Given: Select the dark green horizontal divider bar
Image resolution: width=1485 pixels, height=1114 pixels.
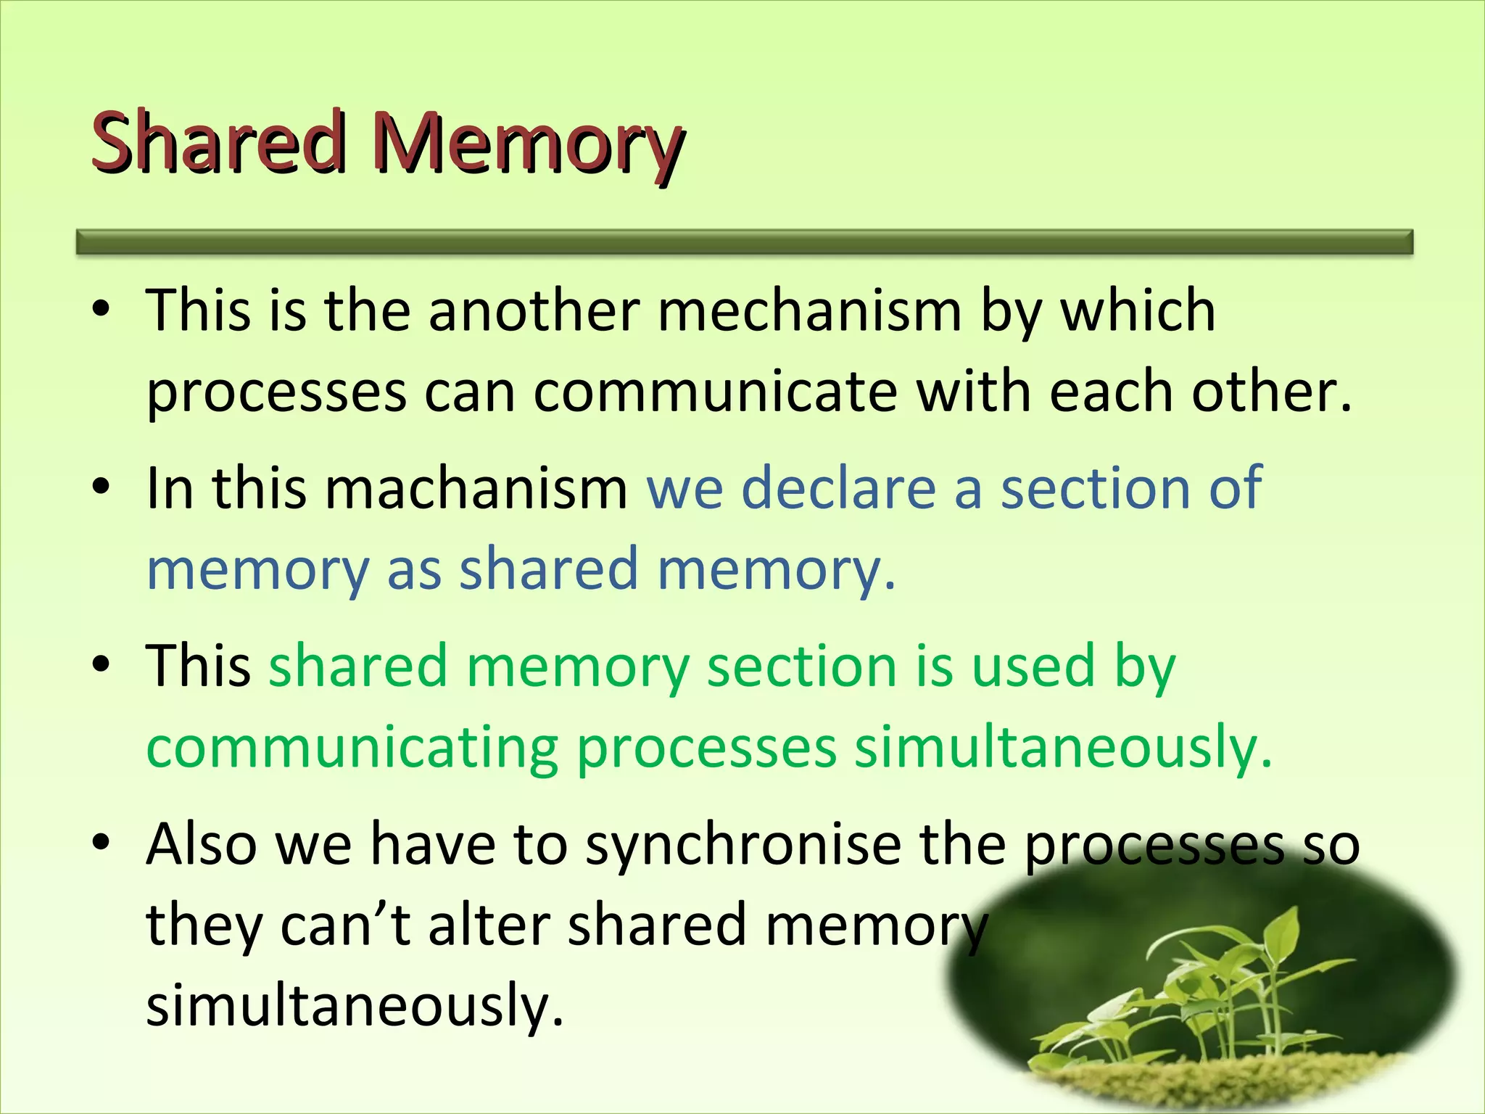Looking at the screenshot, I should coord(745,242).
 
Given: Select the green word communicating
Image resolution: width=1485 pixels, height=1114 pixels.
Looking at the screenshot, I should coord(352,747).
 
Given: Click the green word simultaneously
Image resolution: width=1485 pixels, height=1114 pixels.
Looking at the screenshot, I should coord(1063,747).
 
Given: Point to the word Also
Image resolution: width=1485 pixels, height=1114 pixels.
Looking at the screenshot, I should coord(202,845).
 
